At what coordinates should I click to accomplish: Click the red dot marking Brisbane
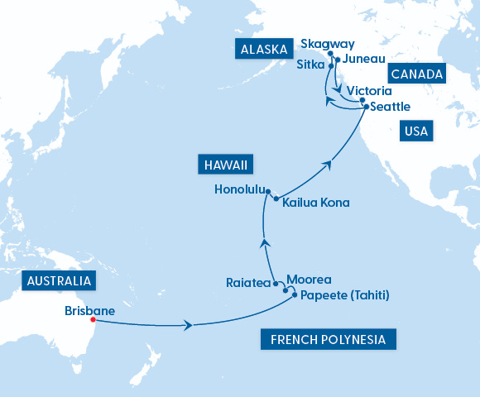click(93, 319)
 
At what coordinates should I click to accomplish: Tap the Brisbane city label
click(89, 311)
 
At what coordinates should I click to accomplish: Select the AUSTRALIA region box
click(59, 281)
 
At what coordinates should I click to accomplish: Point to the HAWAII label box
click(225, 165)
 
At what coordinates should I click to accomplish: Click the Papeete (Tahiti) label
click(345, 295)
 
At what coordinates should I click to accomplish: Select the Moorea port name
click(309, 280)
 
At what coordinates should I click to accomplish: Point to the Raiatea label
click(248, 283)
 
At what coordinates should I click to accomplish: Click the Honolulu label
click(239, 189)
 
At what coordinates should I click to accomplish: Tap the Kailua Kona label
click(315, 203)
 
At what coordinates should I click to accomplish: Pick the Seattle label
click(391, 107)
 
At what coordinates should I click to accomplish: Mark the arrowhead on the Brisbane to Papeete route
click(189, 326)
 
